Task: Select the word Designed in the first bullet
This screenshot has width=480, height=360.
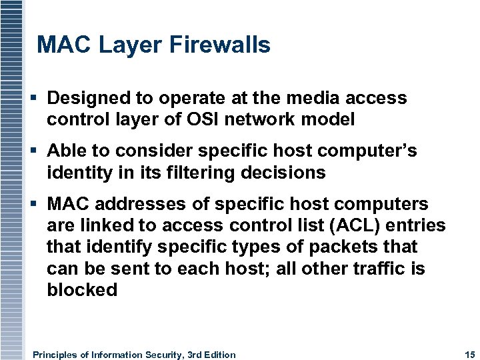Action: (89, 99)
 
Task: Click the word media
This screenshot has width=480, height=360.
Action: (312, 98)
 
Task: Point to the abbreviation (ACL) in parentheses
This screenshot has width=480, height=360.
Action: (377, 225)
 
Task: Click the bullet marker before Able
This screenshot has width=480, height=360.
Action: (34, 151)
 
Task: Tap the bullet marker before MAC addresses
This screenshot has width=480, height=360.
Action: (34, 204)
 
